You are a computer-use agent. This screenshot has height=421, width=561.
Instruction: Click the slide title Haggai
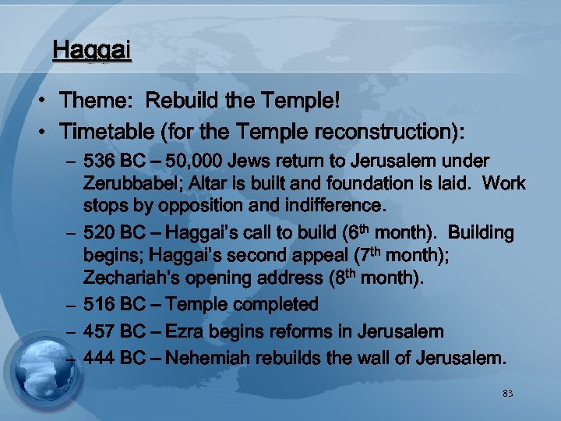tap(91, 51)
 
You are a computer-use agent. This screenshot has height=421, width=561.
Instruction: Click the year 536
tap(99, 161)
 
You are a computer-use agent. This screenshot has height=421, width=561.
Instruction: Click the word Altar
tap(213, 184)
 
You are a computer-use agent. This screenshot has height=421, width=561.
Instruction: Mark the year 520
tap(99, 233)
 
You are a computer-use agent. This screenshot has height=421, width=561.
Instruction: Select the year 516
tap(99, 304)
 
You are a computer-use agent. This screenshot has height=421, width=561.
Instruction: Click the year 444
tap(99, 359)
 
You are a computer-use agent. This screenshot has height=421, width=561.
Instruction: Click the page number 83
tap(508, 394)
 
